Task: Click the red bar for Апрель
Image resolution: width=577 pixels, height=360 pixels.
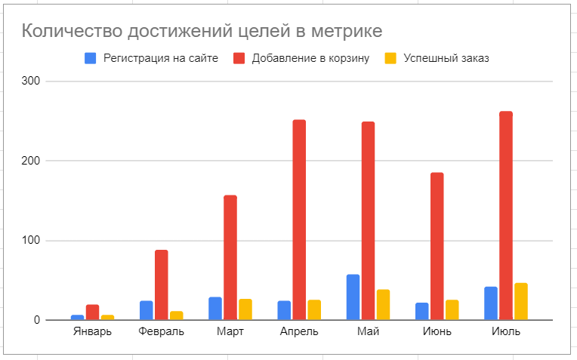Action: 299,220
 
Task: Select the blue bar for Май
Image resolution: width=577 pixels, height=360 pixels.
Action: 353,297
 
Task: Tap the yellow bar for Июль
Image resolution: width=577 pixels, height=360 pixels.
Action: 520,301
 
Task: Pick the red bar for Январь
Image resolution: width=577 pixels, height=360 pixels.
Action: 92,312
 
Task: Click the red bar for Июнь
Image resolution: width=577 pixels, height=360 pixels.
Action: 437,246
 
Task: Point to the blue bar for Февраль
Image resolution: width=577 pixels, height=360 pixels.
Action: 146,310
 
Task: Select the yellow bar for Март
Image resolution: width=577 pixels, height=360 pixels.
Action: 245,309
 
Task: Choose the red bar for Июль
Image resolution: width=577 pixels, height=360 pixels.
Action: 505,216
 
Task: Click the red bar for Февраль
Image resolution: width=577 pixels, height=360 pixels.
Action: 162,285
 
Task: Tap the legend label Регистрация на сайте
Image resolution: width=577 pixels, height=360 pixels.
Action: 161,58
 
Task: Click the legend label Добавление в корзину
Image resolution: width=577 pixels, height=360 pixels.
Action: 310,58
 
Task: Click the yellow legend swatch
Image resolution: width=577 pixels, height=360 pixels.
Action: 391,58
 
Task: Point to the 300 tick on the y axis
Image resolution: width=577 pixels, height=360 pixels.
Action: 31,81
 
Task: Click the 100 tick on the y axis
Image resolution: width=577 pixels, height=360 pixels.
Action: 31,241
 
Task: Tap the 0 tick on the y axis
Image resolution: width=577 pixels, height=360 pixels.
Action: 35,321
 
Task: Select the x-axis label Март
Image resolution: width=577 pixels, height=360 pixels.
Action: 230,332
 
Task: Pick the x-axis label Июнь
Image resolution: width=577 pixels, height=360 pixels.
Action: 437,332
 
